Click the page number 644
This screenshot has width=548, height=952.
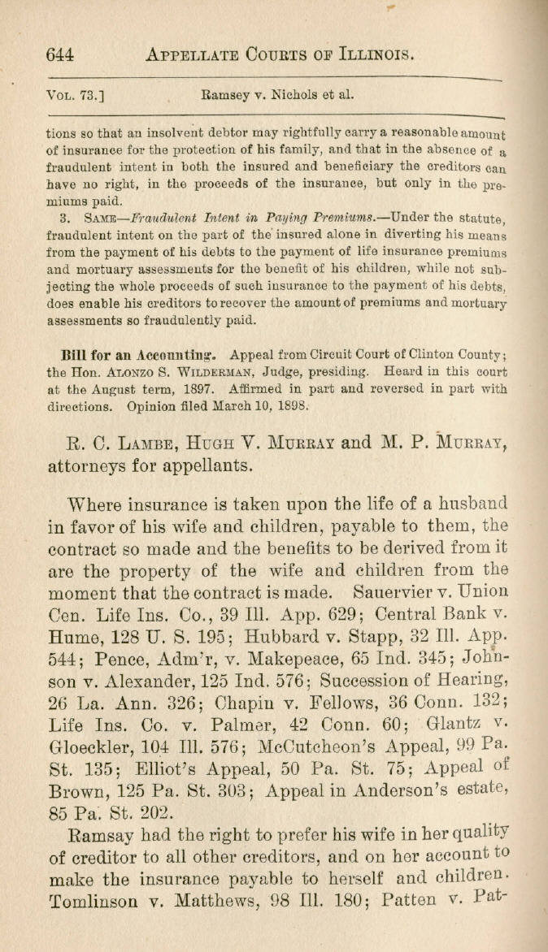point(60,54)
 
